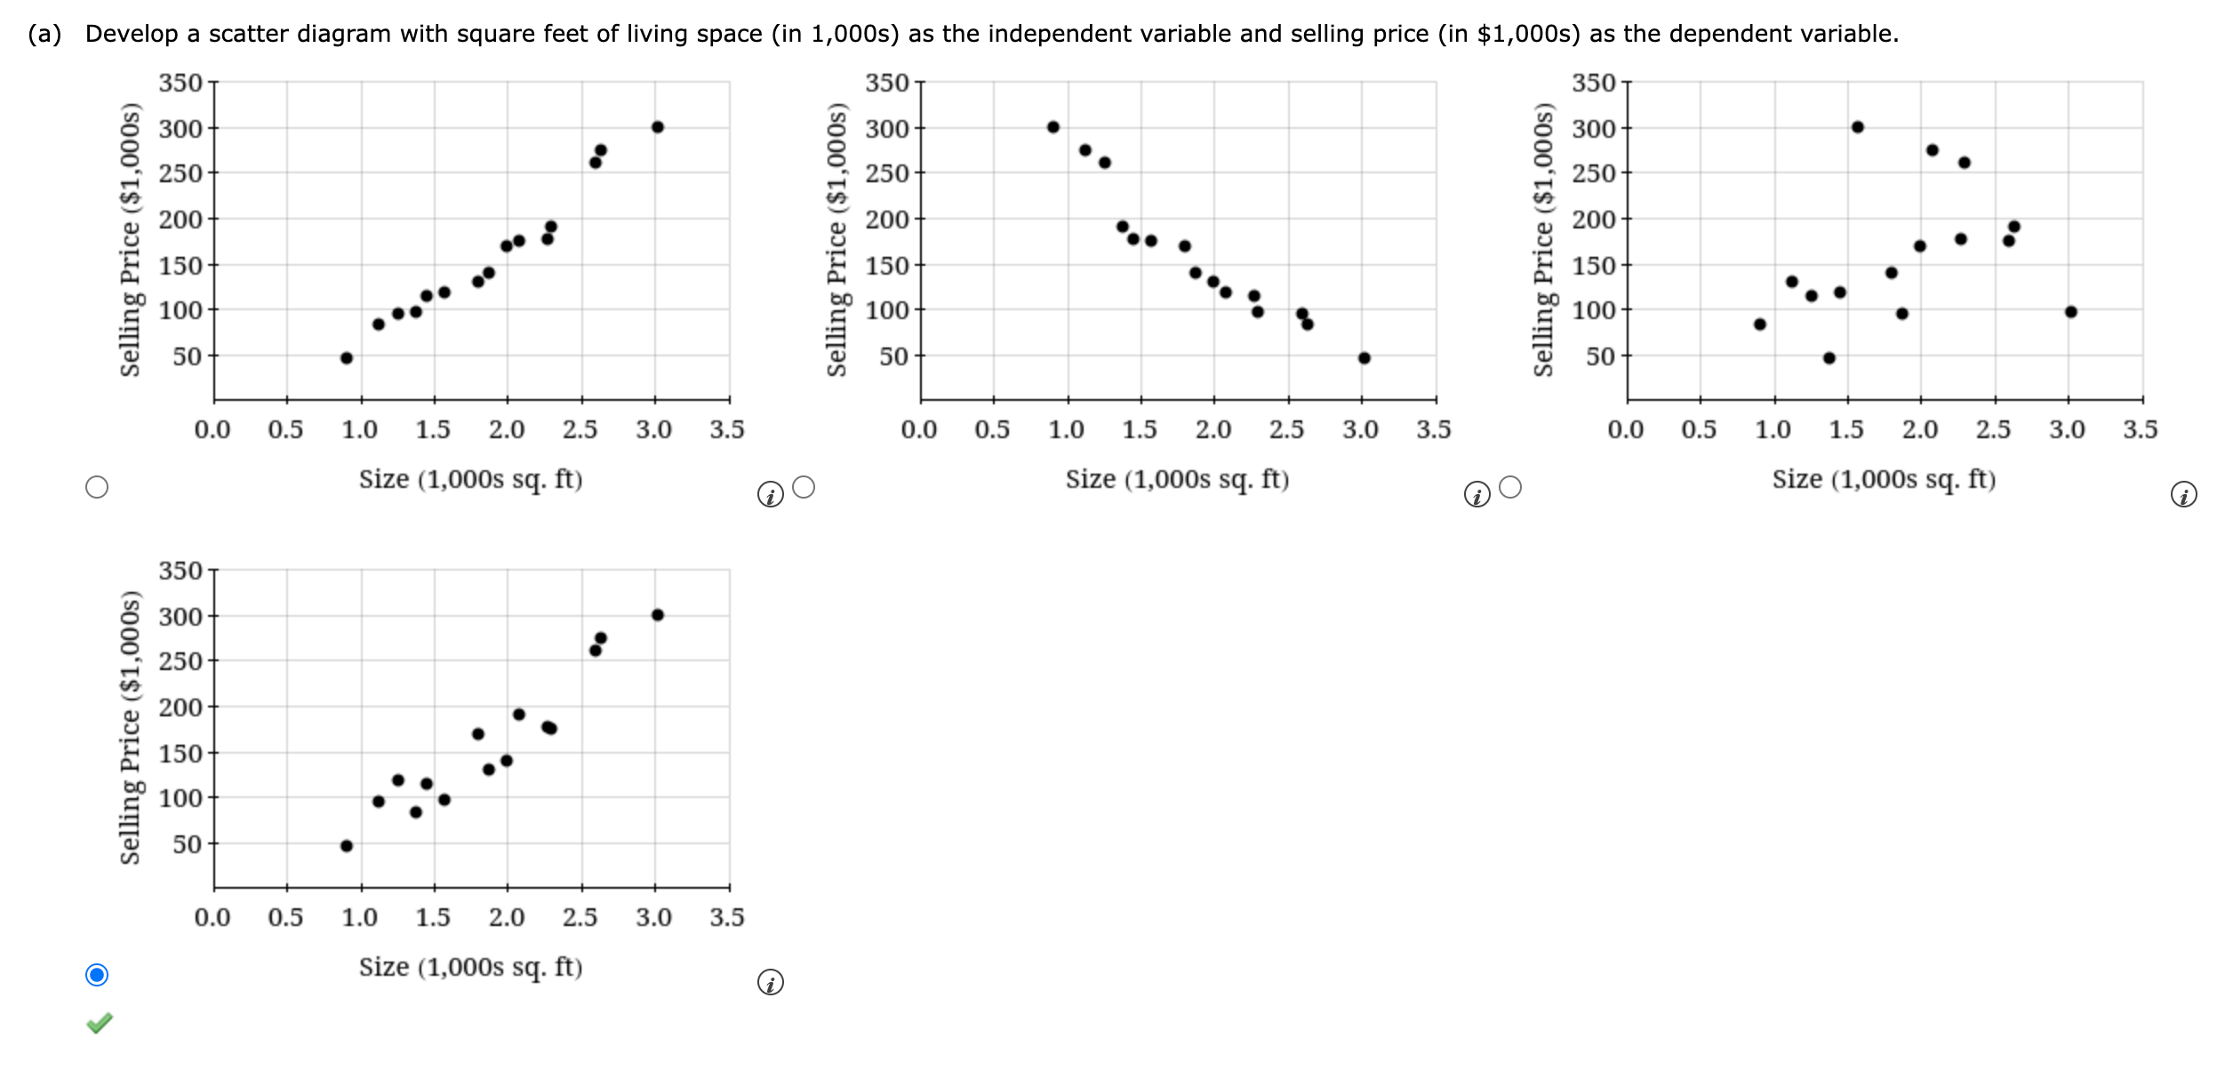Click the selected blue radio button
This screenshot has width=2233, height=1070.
pyautogui.click(x=97, y=975)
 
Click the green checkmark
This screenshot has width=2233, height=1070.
pyautogui.click(x=100, y=1023)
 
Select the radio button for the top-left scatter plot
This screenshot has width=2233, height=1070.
pyautogui.click(x=97, y=487)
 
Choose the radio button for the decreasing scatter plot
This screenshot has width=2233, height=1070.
pyautogui.click(x=804, y=487)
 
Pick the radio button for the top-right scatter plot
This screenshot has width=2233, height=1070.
pyautogui.click(x=1510, y=487)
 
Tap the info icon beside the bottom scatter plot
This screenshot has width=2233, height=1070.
pyautogui.click(x=771, y=982)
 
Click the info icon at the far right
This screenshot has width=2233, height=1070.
pyautogui.click(x=2184, y=494)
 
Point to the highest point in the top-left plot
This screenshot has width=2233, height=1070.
pyautogui.click(x=658, y=127)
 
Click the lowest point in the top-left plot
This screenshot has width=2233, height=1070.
pyautogui.click(x=347, y=358)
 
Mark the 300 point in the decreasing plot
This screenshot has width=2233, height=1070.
pyautogui.click(x=1053, y=127)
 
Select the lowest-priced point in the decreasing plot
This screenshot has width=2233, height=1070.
pyautogui.click(x=1365, y=358)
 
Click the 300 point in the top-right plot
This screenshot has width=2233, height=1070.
pyautogui.click(x=1858, y=127)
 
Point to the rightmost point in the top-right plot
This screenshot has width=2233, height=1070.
pyautogui.click(x=2071, y=312)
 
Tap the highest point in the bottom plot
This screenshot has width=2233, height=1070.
pyautogui.click(x=658, y=615)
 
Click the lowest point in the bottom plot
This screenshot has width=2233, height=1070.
pyautogui.click(x=347, y=846)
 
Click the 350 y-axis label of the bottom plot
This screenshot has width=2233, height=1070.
pyautogui.click(x=180, y=571)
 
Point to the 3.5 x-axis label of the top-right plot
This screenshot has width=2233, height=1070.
pyautogui.click(x=2141, y=430)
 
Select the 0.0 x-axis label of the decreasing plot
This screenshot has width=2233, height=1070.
pyautogui.click(x=919, y=430)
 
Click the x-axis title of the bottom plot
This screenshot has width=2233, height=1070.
pyautogui.click(x=470, y=967)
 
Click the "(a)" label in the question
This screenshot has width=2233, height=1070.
pyautogui.click(x=44, y=34)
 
